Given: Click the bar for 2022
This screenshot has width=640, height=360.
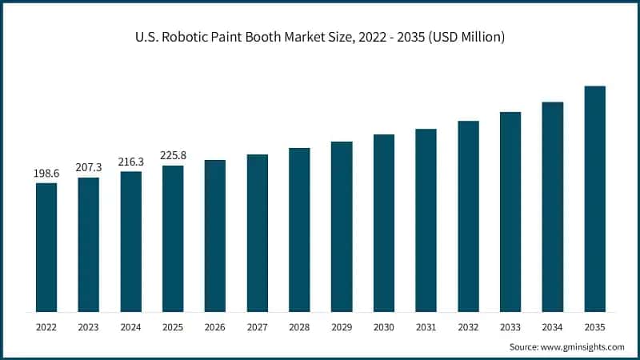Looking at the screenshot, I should pyautogui.click(x=46, y=247).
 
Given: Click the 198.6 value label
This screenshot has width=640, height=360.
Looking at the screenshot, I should pyautogui.click(x=46, y=174).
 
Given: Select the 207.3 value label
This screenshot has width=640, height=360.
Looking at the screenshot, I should pyautogui.click(x=89, y=168).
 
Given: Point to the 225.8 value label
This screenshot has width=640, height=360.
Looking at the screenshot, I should pyautogui.click(x=173, y=156).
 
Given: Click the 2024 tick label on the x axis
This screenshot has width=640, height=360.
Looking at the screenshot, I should pyautogui.click(x=130, y=327).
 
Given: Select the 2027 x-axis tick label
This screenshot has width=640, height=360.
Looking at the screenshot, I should pyautogui.click(x=257, y=327).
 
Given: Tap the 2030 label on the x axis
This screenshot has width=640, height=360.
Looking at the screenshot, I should pyautogui.click(x=384, y=327).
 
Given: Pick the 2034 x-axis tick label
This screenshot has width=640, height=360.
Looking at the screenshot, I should pyautogui.click(x=553, y=327).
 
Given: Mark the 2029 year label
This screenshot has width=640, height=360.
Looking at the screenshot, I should pyautogui.click(x=342, y=327).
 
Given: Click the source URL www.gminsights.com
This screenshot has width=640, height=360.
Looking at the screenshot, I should pyautogui.click(x=583, y=346).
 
